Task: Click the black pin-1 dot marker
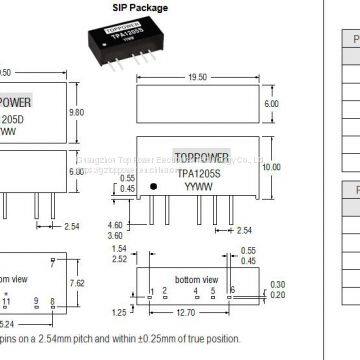pyautogui.click(x=153, y=188)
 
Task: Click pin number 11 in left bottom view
pyautogui.click(x=9, y=299)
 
